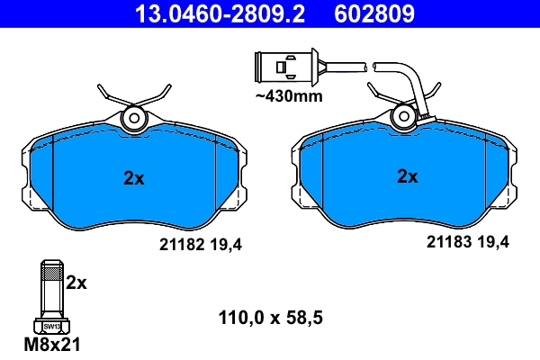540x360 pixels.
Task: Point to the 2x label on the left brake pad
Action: [x=133, y=178]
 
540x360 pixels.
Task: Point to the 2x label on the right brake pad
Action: [x=408, y=177]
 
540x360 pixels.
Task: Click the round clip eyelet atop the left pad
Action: [x=134, y=116]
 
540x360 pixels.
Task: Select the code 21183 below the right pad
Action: [x=445, y=242]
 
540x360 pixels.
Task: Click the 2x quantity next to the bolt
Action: [x=77, y=283]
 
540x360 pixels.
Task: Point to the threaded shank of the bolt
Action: [x=50, y=288]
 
